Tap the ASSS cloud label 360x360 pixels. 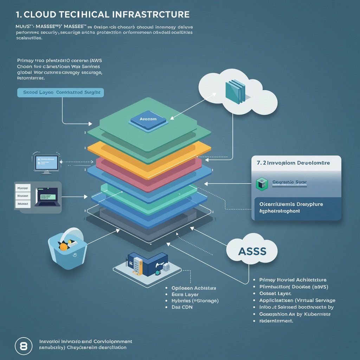pyautogui.click(x=252, y=251)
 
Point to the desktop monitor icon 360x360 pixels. pyautogui.click(x=46, y=163)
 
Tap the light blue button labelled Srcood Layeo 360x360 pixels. pyautogui.click(x=60, y=92)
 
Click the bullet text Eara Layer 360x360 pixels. pyautogui.click(x=185, y=294)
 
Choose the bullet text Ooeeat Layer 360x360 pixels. pyautogui.click(x=276, y=293)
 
